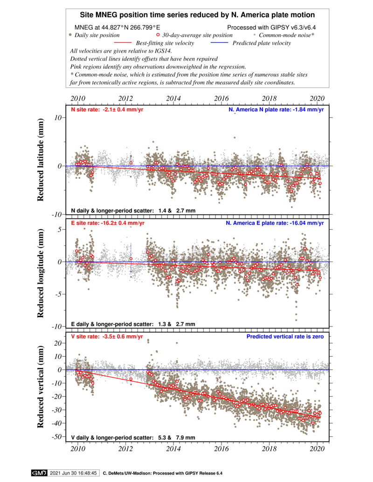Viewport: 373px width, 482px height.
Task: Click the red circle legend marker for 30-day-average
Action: point(158,35)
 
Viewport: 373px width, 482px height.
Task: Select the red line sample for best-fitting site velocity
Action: point(123,43)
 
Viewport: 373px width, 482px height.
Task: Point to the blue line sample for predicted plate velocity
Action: point(220,43)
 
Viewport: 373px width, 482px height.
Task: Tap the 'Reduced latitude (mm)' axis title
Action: point(40,160)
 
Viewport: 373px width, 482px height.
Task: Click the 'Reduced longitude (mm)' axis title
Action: point(40,273)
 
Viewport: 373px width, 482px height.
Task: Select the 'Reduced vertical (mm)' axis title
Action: point(40,387)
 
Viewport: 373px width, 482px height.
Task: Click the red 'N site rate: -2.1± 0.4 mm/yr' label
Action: point(107,109)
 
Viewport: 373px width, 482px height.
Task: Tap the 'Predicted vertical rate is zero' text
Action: point(285,337)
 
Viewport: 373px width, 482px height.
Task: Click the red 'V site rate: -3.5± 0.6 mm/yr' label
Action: point(107,337)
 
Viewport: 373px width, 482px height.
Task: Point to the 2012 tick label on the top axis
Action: point(125,98)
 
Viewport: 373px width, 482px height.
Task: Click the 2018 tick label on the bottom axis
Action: point(269,449)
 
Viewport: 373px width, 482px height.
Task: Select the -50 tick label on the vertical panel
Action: point(58,436)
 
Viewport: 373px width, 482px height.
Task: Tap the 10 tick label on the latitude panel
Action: point(59,117)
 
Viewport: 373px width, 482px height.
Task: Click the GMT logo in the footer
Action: point(39,473)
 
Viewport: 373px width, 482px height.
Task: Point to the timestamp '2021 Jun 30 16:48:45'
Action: point(73,473)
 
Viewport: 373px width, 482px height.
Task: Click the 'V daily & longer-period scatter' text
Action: point(112,437)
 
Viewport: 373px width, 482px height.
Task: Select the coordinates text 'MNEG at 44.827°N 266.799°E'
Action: point(117,27)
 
